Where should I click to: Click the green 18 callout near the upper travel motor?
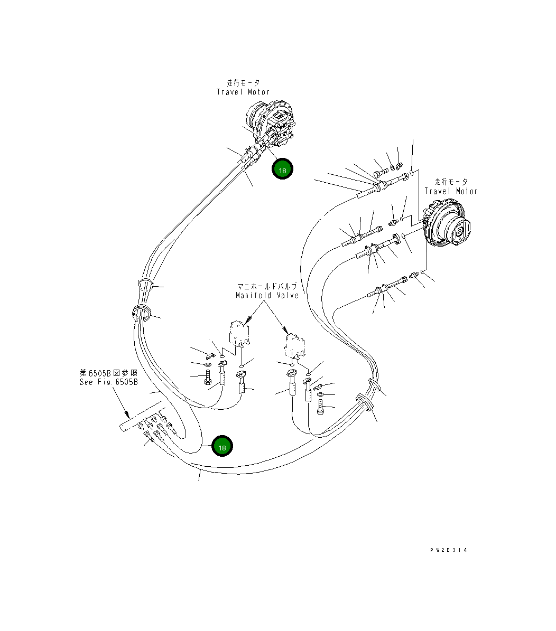(x=282, y=169)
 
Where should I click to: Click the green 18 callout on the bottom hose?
(x=222, y=446)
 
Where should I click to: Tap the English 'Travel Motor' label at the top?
(x=243, y=92)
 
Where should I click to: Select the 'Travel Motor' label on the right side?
(x=451, y=191)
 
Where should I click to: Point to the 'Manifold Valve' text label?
(x=267, y=295)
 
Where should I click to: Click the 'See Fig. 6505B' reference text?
(x=109, y=382)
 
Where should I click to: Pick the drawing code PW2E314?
(x=448, y=550)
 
